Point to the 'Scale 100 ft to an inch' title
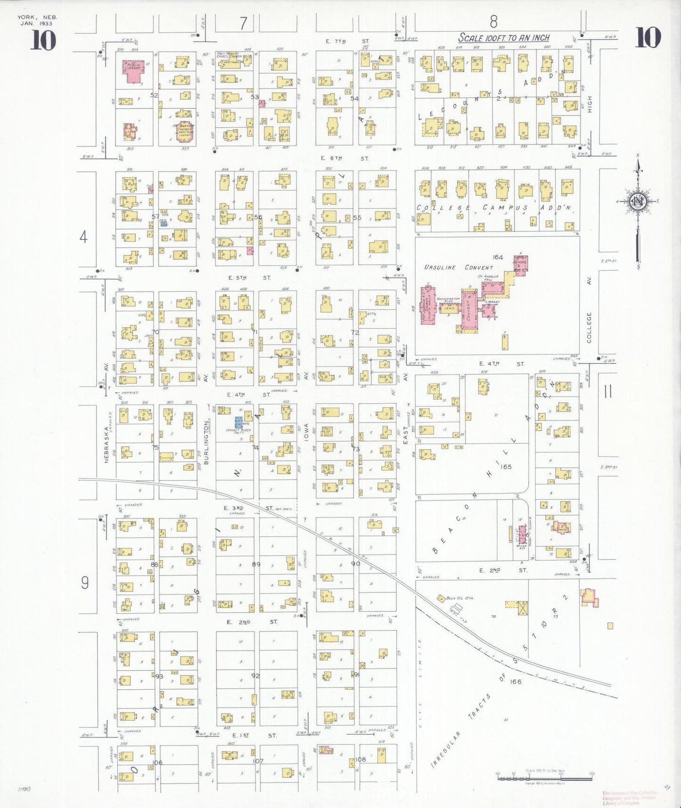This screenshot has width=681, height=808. click(504, 38)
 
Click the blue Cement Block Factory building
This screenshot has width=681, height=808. click(239, 422)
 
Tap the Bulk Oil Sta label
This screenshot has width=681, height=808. click(459, 598)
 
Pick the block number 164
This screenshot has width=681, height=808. click(498, 257)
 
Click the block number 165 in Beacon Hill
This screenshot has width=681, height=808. click(506, 466)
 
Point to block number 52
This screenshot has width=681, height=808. click(154, 95)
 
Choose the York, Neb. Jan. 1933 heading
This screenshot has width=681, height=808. click(37, 20)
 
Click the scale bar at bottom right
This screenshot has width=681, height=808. click(544, 775)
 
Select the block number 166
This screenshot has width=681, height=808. click(516, 681)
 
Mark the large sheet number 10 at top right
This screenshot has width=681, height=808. click(648, 38)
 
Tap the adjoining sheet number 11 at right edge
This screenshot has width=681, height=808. click(608, 391)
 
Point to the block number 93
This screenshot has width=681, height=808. click(159, 676)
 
